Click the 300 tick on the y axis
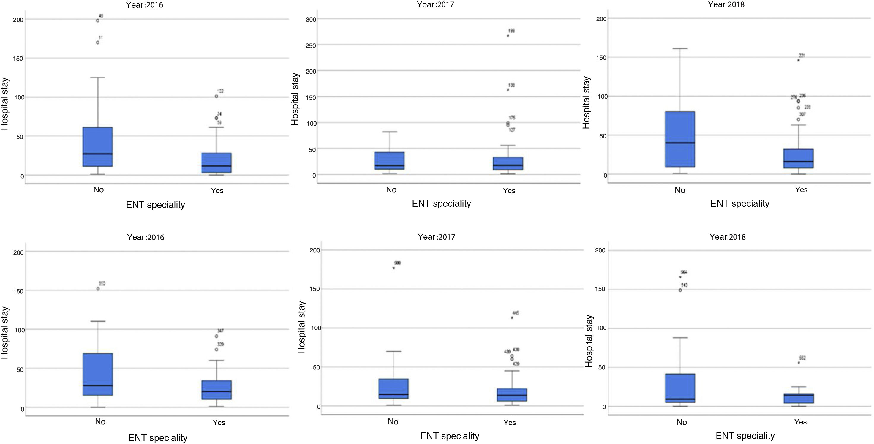click(311, 19)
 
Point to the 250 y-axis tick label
click(311, 45)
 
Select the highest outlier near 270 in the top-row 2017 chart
click(508, 36)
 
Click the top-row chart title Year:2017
click(436, 4)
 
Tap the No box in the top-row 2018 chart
click(680, 139)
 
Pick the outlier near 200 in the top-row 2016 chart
click(98, 20)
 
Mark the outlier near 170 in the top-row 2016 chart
click(98, 42)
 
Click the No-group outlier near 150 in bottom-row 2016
click(98, 289)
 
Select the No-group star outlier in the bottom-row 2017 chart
click(393, 268)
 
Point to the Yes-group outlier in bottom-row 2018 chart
click(799, 363)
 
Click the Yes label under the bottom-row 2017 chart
click(510, 422)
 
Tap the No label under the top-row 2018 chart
click(680, 190)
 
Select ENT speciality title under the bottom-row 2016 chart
click(158, 438)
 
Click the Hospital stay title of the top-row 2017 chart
click(295, 99)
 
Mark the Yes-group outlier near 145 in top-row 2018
click(798, 60)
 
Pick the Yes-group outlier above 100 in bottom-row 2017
click(512, 318)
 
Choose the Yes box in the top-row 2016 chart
click(216, 163)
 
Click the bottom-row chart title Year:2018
click(727, 237)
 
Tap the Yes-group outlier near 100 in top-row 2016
click(216, 96)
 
